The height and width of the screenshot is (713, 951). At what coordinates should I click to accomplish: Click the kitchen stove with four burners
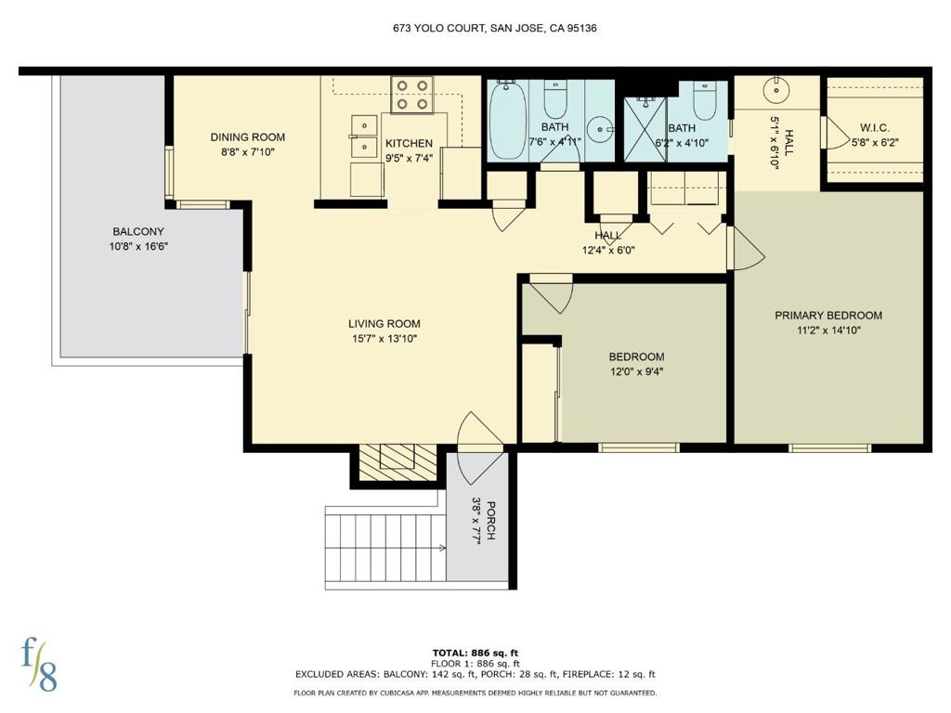pyautogui.click(x=411, y=95)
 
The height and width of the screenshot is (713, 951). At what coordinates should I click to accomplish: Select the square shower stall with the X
pyautogui.click(x=645, y=130)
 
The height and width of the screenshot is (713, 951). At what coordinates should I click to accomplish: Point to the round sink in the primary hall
pyautogui.click(x=775, y=90)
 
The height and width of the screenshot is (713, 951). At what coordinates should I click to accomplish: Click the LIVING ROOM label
pyautogui.click(x=384, y=324)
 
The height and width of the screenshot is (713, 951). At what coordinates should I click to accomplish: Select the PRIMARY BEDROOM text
pyautogui.click(x=828, y=316)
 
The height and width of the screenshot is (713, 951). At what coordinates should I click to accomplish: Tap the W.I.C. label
pyautogui.click(x=874, y=128)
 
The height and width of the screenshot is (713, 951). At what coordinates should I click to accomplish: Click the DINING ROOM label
pyautogui.click(x=247, y=137)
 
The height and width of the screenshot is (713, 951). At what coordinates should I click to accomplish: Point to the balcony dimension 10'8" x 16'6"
pyautogui.click(x=138, y=247)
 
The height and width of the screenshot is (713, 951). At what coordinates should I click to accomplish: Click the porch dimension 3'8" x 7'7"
pyautogui.click(x=476, y=522)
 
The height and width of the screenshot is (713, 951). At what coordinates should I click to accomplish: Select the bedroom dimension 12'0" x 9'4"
pyautogui.click(x=637, y=371)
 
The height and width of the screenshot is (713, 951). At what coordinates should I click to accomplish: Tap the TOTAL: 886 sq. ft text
pyautogui.click(x=475, y=653)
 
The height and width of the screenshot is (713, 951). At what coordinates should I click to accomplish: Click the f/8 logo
pyautogui.click(x=39, y=665)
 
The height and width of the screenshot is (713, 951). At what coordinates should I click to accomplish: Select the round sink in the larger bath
pyautogui.click(x=601, y=129)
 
